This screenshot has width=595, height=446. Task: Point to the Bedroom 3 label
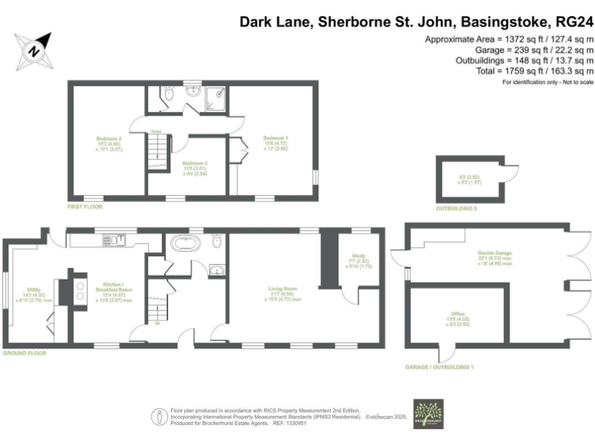pos(192,167)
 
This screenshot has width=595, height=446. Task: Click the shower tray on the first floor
pos(216,95)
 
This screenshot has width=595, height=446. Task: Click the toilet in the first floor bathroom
pos(169,94)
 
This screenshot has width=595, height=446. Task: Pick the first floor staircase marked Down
pos(156,147)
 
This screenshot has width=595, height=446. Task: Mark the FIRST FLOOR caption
pos(84,207)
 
